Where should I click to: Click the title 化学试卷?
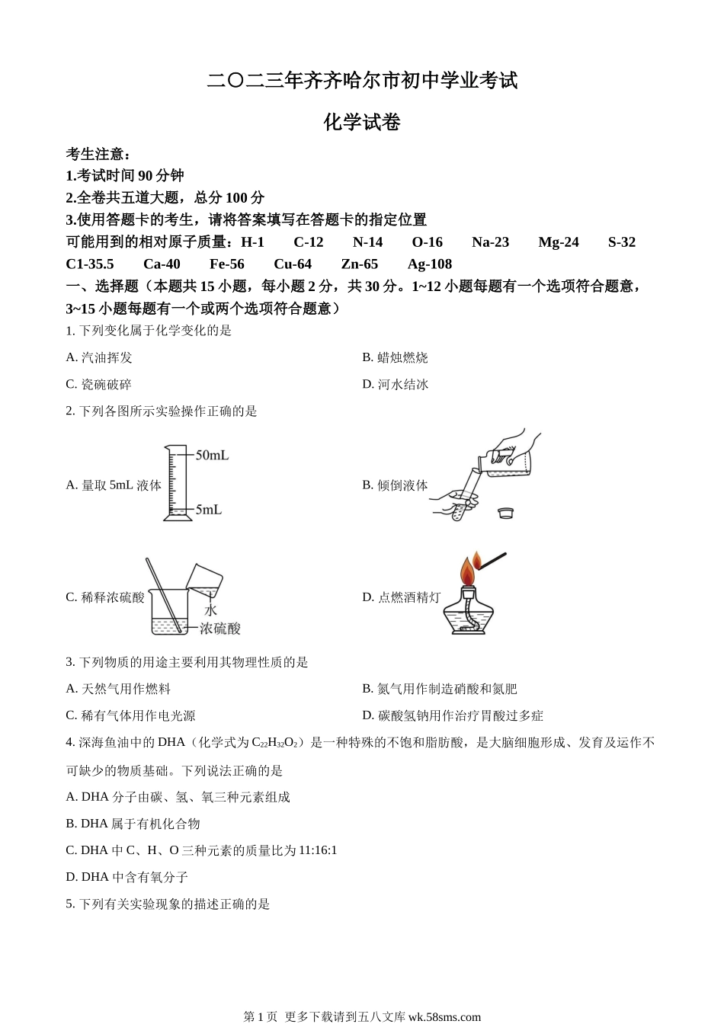[362, 123]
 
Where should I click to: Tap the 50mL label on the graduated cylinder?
[212, 456]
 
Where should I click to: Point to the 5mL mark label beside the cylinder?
[208, 509]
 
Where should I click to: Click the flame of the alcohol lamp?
[467, 572]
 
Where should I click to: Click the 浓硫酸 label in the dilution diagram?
[220, 629]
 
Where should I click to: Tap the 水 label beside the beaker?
[211, 610]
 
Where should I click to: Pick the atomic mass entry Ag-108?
[430, 264]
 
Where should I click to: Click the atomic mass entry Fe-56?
[227, 264]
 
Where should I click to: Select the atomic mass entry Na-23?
[490, 242]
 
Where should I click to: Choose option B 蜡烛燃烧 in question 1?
[395, 357]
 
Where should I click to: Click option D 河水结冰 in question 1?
[395, 384]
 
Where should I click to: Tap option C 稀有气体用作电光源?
[130, 715]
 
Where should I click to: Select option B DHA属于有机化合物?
[133, 824]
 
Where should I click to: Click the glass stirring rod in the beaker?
[165, 594]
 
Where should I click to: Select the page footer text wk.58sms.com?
[444, 1016]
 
